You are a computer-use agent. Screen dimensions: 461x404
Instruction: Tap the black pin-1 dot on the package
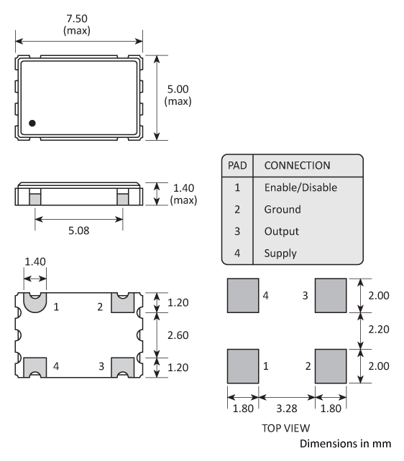[x=32, y=123]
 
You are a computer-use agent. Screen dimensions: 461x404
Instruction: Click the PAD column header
[x=237, y=165]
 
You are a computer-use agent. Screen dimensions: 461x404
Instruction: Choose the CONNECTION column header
[x=298, y=165]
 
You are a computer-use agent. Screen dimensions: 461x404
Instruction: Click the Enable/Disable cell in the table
[x=300, y=187]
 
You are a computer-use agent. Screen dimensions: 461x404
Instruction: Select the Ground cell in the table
[x=283, y=210]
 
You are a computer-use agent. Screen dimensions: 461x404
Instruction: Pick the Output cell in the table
[x=282, y=231]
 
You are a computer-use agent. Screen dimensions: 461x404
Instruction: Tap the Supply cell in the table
[x=281, y=253]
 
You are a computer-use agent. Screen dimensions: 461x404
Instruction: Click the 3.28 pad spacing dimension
[x=285, y=407]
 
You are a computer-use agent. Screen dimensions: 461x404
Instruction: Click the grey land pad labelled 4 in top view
[x=242, y=294]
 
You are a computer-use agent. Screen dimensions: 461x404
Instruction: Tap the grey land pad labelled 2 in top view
[x=330, y=366]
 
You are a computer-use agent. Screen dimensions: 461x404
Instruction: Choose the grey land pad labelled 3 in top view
[x=330, y=294]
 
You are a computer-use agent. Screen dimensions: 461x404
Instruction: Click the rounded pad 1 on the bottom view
[x=34, y=302]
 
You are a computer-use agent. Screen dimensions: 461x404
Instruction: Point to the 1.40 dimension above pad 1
[x=33, y=264]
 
